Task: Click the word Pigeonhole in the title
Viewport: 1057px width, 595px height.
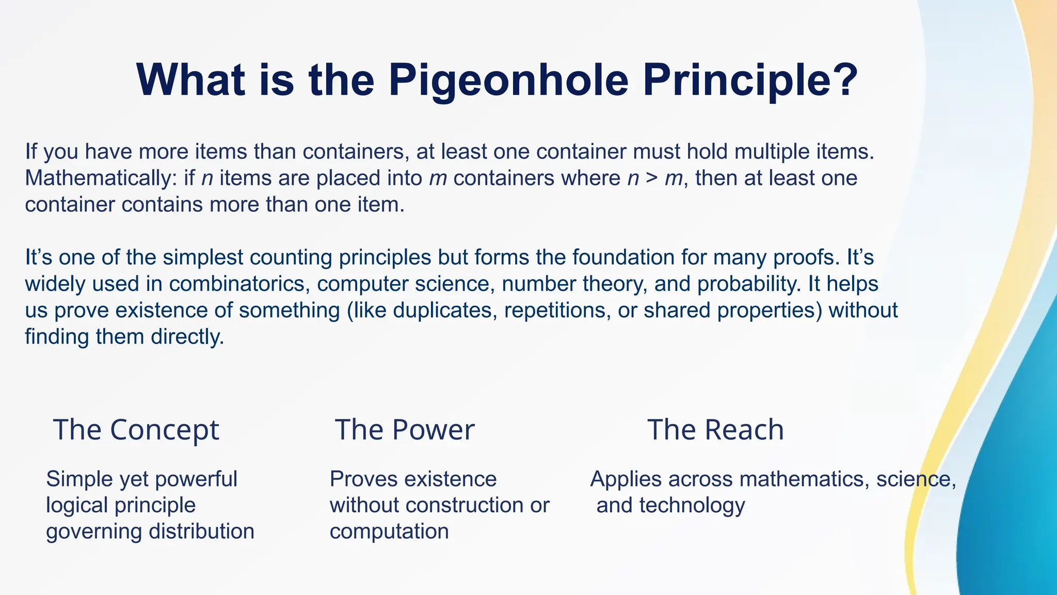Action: click(508, 81)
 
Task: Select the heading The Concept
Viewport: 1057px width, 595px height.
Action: click(136, 430)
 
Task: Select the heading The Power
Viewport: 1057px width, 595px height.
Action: click(404, 430)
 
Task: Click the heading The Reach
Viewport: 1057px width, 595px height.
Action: click(715, 430)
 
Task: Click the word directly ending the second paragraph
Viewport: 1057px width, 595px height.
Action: click(187, 337)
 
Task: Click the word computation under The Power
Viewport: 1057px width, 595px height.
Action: click(389, 531)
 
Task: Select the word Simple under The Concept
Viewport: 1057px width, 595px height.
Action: click(79, 479)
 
